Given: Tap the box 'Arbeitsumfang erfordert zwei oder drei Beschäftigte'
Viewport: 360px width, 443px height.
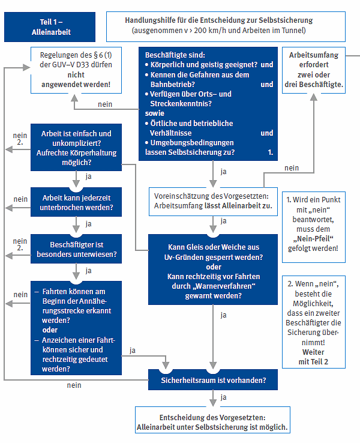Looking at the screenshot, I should coord(313,70).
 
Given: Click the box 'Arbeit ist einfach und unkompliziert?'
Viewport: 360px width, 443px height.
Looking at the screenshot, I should coord(76,148).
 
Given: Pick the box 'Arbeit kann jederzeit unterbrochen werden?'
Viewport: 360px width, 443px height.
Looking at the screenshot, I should coord(76,203).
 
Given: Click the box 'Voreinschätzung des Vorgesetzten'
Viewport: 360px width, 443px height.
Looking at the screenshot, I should coord(212,201).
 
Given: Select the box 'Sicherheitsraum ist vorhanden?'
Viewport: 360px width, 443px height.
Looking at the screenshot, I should coord(212,380).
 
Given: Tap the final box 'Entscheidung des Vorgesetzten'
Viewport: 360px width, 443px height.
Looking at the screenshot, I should coord(212,423).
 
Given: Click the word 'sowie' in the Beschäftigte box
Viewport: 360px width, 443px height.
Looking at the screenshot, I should coord(155,113).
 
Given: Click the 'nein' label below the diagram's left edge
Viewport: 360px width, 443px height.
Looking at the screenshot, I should coord(74,385).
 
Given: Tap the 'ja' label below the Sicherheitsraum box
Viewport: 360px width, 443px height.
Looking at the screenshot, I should coord(223,397).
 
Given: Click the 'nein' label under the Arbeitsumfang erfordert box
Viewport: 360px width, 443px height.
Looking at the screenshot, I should coord(292,168).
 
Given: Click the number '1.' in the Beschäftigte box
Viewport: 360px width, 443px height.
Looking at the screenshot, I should coord(270,152).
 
